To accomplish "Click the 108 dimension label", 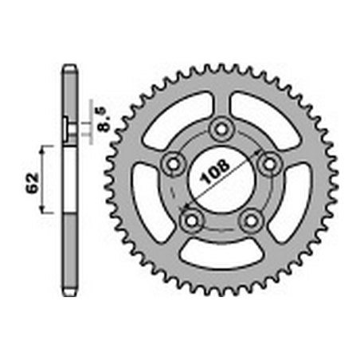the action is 215,171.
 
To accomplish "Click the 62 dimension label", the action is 32,183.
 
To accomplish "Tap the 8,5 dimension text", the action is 104,119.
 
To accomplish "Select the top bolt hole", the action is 221,130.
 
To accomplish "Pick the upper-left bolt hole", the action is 174,164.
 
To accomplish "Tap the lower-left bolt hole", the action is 192,220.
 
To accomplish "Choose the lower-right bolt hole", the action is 251,220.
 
